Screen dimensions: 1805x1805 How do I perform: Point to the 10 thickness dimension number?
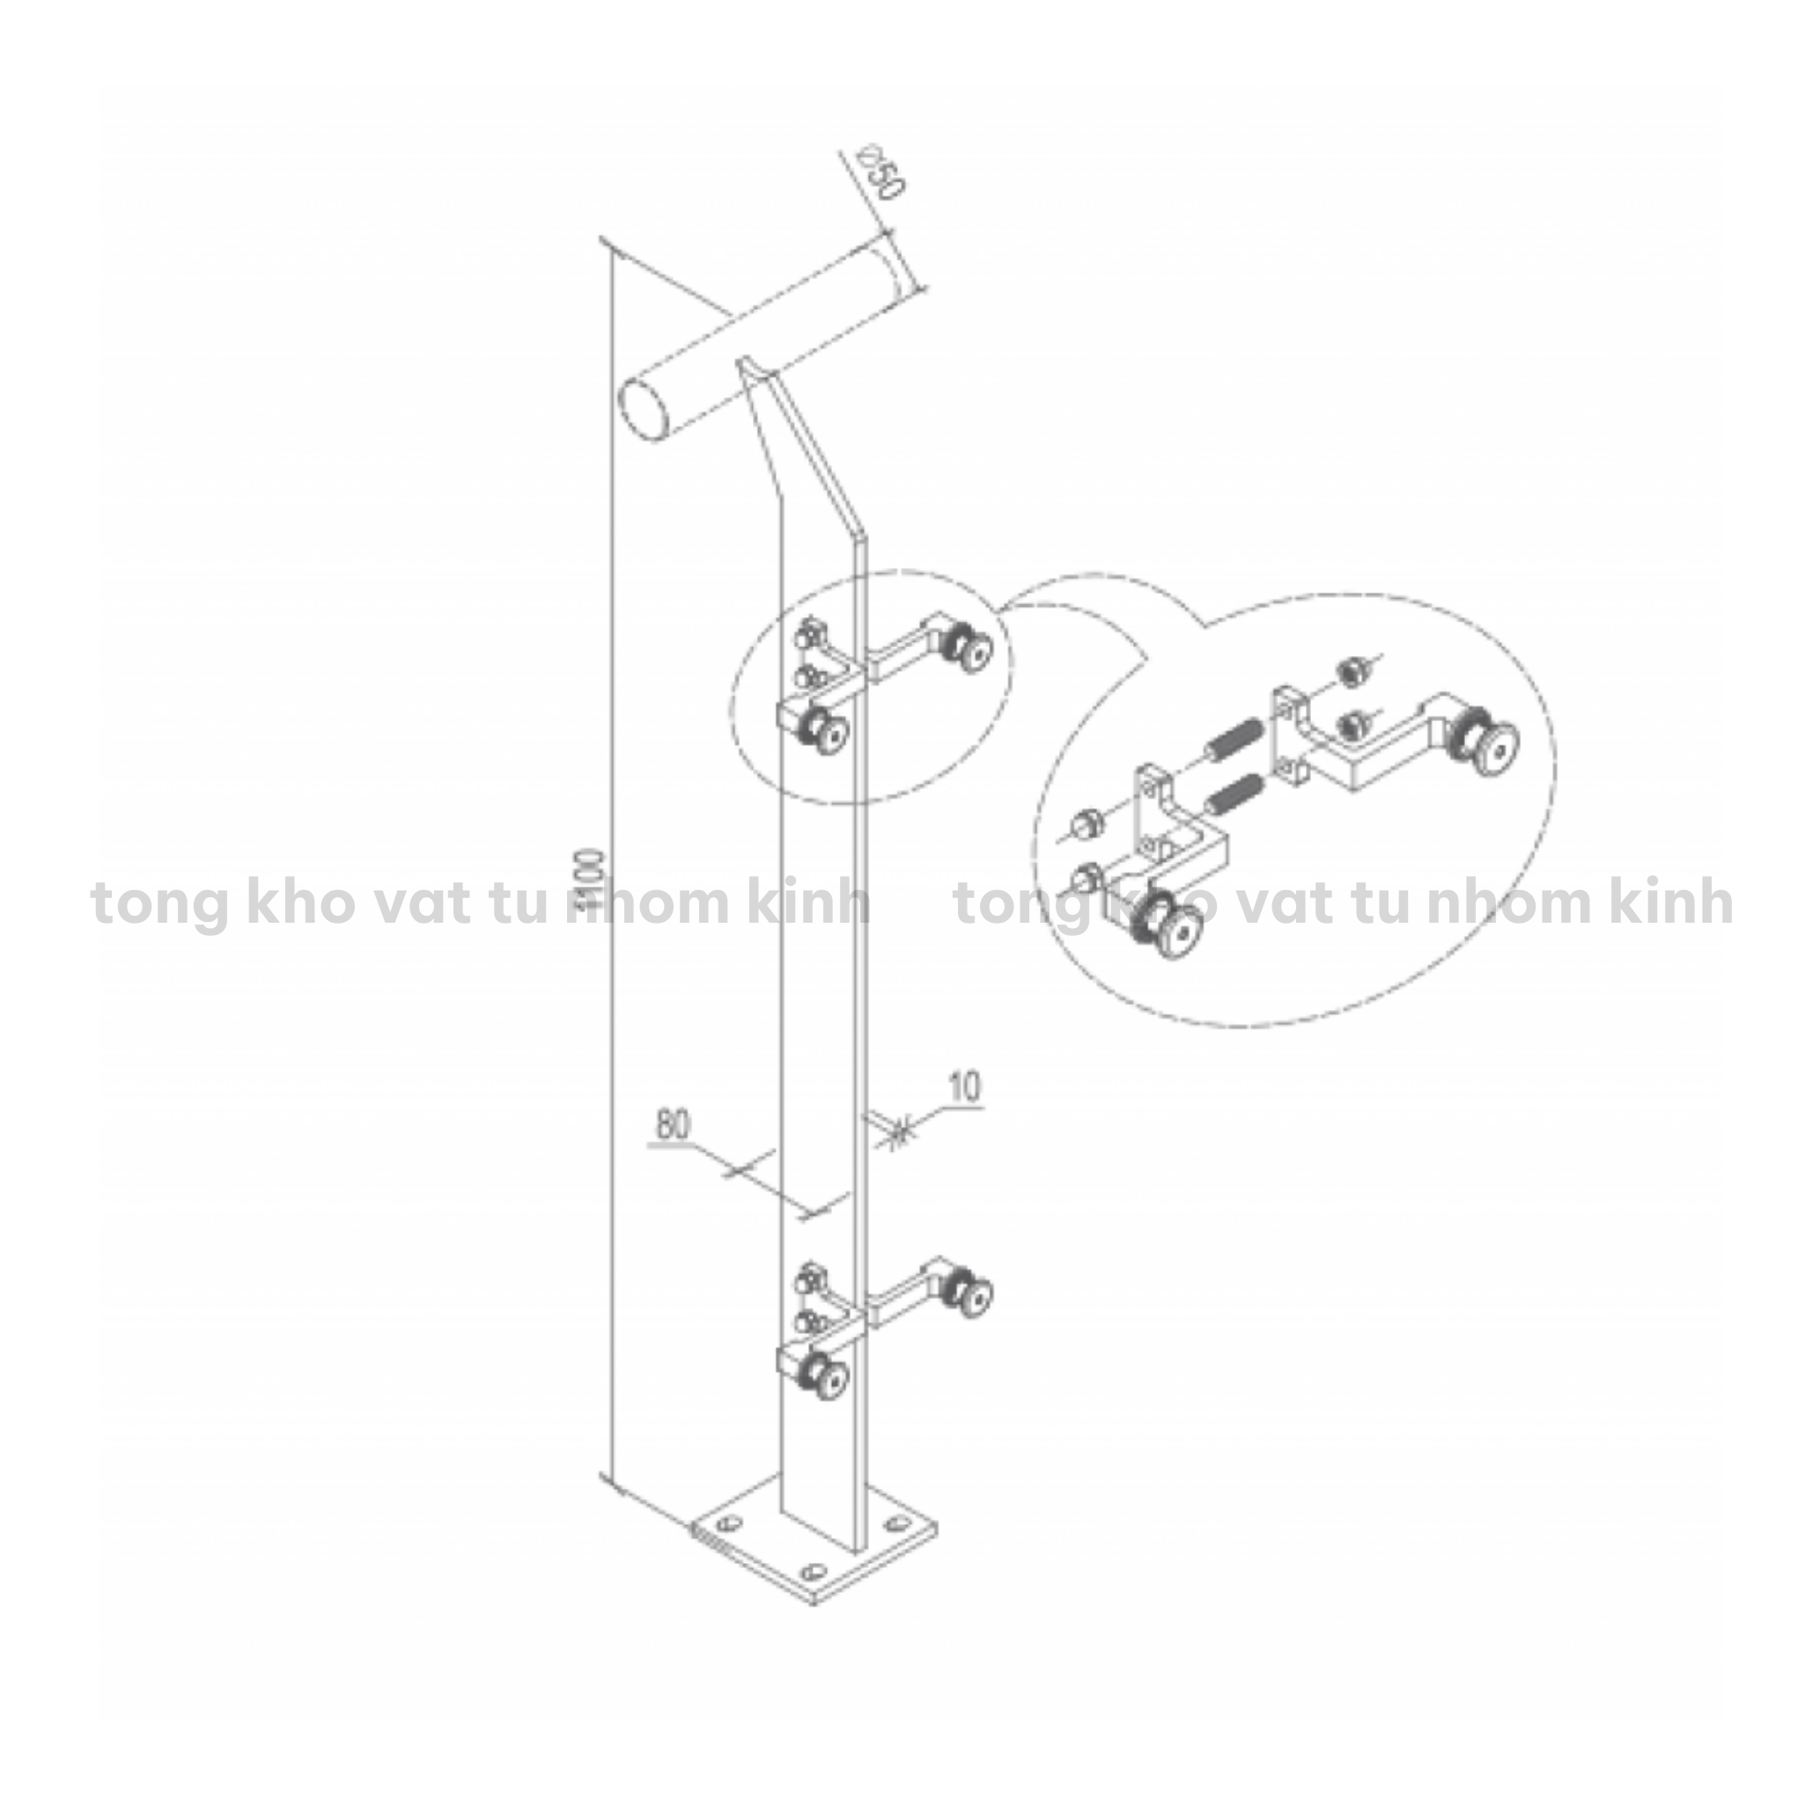tap(965, 1087)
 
